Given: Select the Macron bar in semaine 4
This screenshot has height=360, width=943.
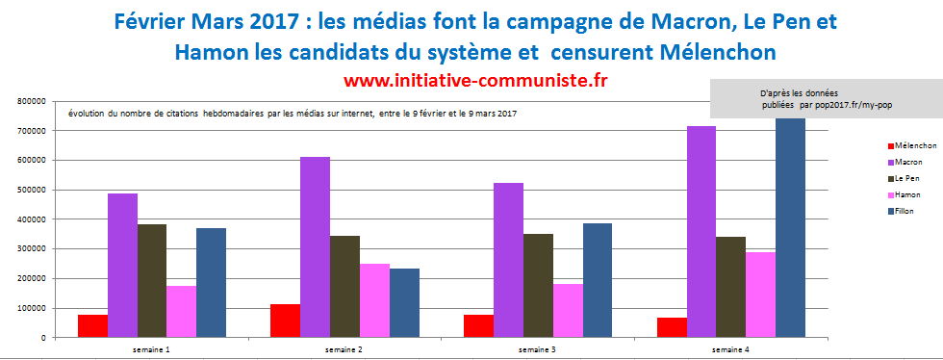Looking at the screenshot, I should (701, 232).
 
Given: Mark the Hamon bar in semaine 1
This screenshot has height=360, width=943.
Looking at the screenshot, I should (182, 312).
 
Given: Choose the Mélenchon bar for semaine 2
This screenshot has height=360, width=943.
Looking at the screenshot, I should (285, 321).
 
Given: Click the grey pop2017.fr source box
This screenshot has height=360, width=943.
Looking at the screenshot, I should (826, 97).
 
